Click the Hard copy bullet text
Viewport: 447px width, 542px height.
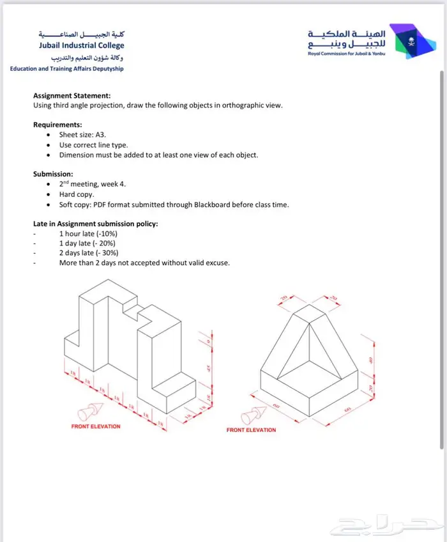(x=77, y=194)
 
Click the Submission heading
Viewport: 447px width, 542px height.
(x=53, y=174)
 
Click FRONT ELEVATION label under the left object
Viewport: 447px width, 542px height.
(x=95, y=426)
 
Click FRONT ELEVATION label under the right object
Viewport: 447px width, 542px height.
(x=251, y=430)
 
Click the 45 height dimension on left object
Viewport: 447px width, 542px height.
(x=208, y=368)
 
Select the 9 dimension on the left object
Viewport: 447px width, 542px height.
(x=208, y=341)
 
